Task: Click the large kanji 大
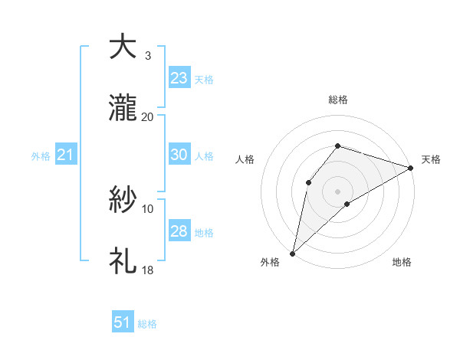(x=123, y=47)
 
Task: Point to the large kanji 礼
(x=123, y=262)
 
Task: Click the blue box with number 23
(x=179, y=77)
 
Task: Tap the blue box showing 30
(x=179, y=155)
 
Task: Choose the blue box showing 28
(x=179, y=231)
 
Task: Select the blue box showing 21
(x=66, y=155)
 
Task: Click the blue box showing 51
(x=123, y=322)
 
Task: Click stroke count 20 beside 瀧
(x=148, y=116)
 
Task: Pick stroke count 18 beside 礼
(x=148, y=270)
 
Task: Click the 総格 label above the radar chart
(x=338, y=100)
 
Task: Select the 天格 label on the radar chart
(x=431, y=159)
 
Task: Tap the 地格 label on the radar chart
(x=402, y=262)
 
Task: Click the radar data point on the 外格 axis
(x=293, y=253)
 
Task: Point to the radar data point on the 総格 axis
(x=338, y=146)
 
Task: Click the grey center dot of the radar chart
(x=338, y=191)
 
